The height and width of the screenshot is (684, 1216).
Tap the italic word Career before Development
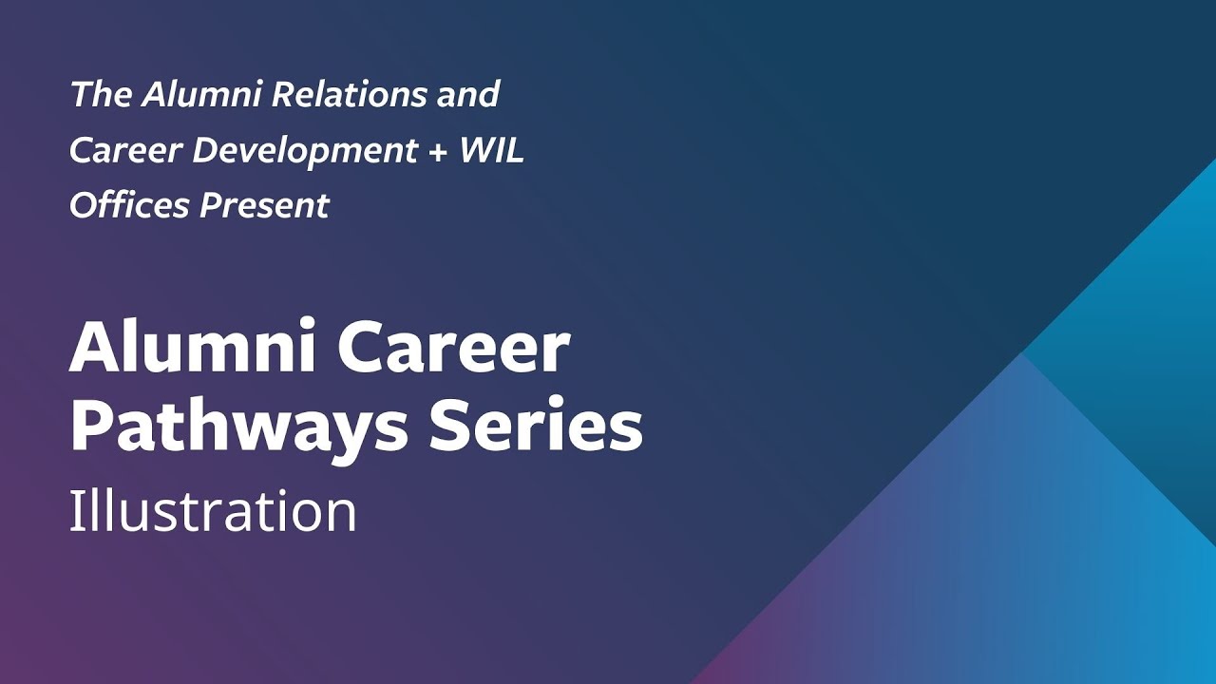coord(124,150)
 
